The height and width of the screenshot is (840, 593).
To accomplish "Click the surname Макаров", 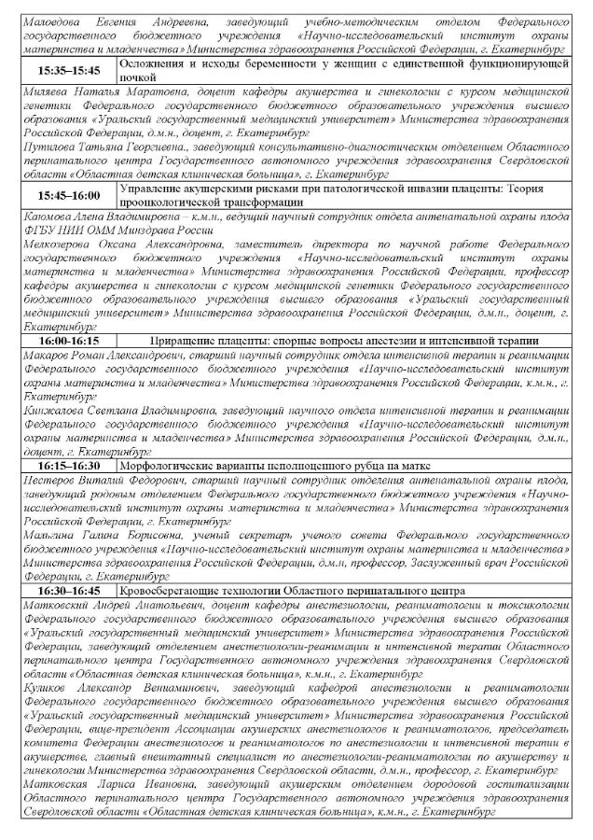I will pos(49,357).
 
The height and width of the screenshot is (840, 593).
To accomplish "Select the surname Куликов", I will pos(49,686).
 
